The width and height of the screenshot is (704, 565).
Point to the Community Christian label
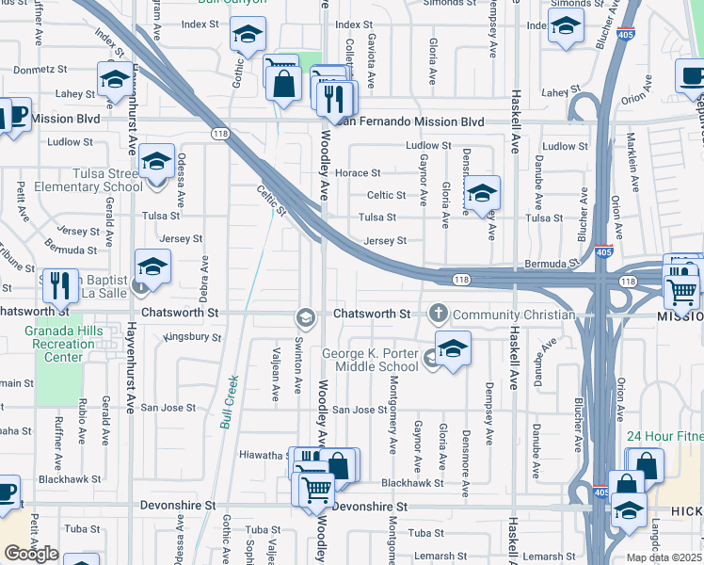[x=514, y=315]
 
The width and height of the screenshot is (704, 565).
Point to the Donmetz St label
[x=40, y=69]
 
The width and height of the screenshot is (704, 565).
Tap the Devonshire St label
[x=369, y=507]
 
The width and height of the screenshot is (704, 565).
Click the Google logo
[x=31, y=554]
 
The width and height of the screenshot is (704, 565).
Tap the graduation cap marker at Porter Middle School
[x=453, y=349]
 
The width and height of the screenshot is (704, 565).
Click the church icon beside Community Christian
[x=438, y=313]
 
